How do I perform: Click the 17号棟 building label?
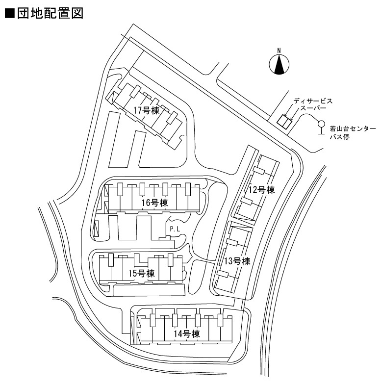(x=147, y=110)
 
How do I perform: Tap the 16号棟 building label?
(x=155, y=203)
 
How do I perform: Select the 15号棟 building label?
(x=142, y=273)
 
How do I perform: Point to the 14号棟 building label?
(x=187, y=334)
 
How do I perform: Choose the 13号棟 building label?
(x=237, y=261)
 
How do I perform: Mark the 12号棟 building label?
(x=262, y=190)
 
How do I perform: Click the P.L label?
(x=175, y=229)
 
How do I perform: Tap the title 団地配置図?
(x=50, y=13)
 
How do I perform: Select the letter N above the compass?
(x=279, y=51)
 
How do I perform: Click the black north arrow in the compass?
(x=279, y=65)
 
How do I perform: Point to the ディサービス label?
(x=313, y=101)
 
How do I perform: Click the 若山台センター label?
(x=353, y=129)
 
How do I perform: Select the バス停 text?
(x=339, y=137)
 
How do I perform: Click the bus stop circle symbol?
(x=321, y=124)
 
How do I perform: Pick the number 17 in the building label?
(x=137, y=110)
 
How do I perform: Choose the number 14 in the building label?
(x=178, y=334)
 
